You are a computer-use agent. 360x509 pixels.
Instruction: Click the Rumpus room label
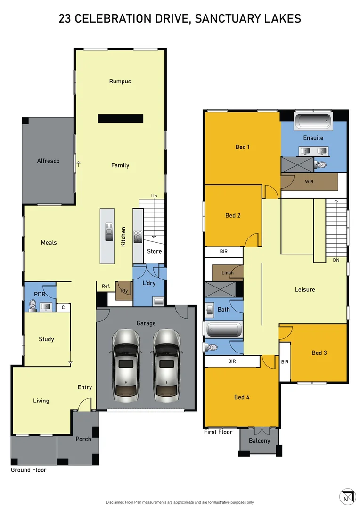coord(120,81)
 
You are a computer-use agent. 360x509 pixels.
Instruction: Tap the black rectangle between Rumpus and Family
coord(120,118)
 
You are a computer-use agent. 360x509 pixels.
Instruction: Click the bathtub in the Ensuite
coord(313,121)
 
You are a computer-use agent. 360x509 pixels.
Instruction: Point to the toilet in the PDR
coord(32,305)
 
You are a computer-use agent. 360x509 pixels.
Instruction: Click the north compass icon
coord(347,496)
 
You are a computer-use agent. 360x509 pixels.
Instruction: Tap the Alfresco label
coord(48,161)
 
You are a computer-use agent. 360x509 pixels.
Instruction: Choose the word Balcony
coord(259,441)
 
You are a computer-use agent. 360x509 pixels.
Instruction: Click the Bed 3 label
coord(319,353)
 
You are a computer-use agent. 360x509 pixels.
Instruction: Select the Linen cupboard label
coord(227,273)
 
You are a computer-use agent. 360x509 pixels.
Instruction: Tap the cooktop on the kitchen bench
coord(138,236)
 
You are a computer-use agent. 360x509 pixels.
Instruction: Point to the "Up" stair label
coord(154,196)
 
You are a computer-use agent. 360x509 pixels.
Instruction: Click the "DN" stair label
coord(336,260)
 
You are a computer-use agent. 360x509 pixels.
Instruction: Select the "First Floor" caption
coord(218,432)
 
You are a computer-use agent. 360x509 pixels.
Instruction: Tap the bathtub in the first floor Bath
coord(224,328)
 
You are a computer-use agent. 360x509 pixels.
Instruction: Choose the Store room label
coord(154,251)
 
